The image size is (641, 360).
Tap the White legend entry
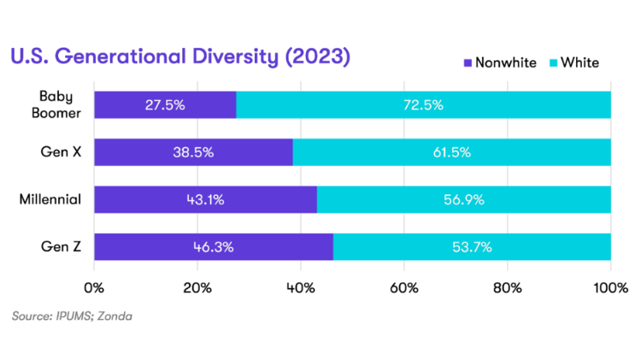click(574, 62)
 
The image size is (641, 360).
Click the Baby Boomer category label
click(60, 104)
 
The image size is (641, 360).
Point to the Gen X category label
click(62, 152)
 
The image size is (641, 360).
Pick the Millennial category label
click(50, 199)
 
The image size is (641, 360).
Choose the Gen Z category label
click(62, 246)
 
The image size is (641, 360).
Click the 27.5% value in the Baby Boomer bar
click(164, 105)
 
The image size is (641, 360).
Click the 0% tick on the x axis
click(94, 286)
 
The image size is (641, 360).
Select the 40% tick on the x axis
click(301, 286)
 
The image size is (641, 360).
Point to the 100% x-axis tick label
click(610, 286)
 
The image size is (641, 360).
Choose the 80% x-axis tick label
click(508, 286)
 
